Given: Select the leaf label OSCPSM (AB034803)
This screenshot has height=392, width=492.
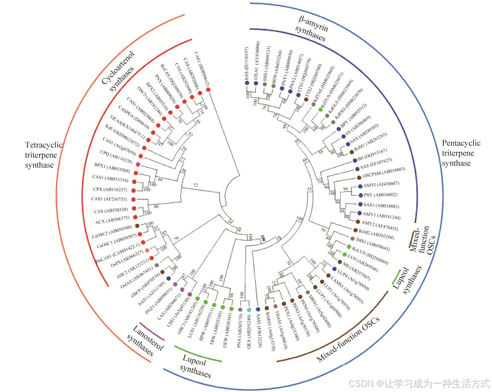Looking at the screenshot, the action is [x=386, y=170].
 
